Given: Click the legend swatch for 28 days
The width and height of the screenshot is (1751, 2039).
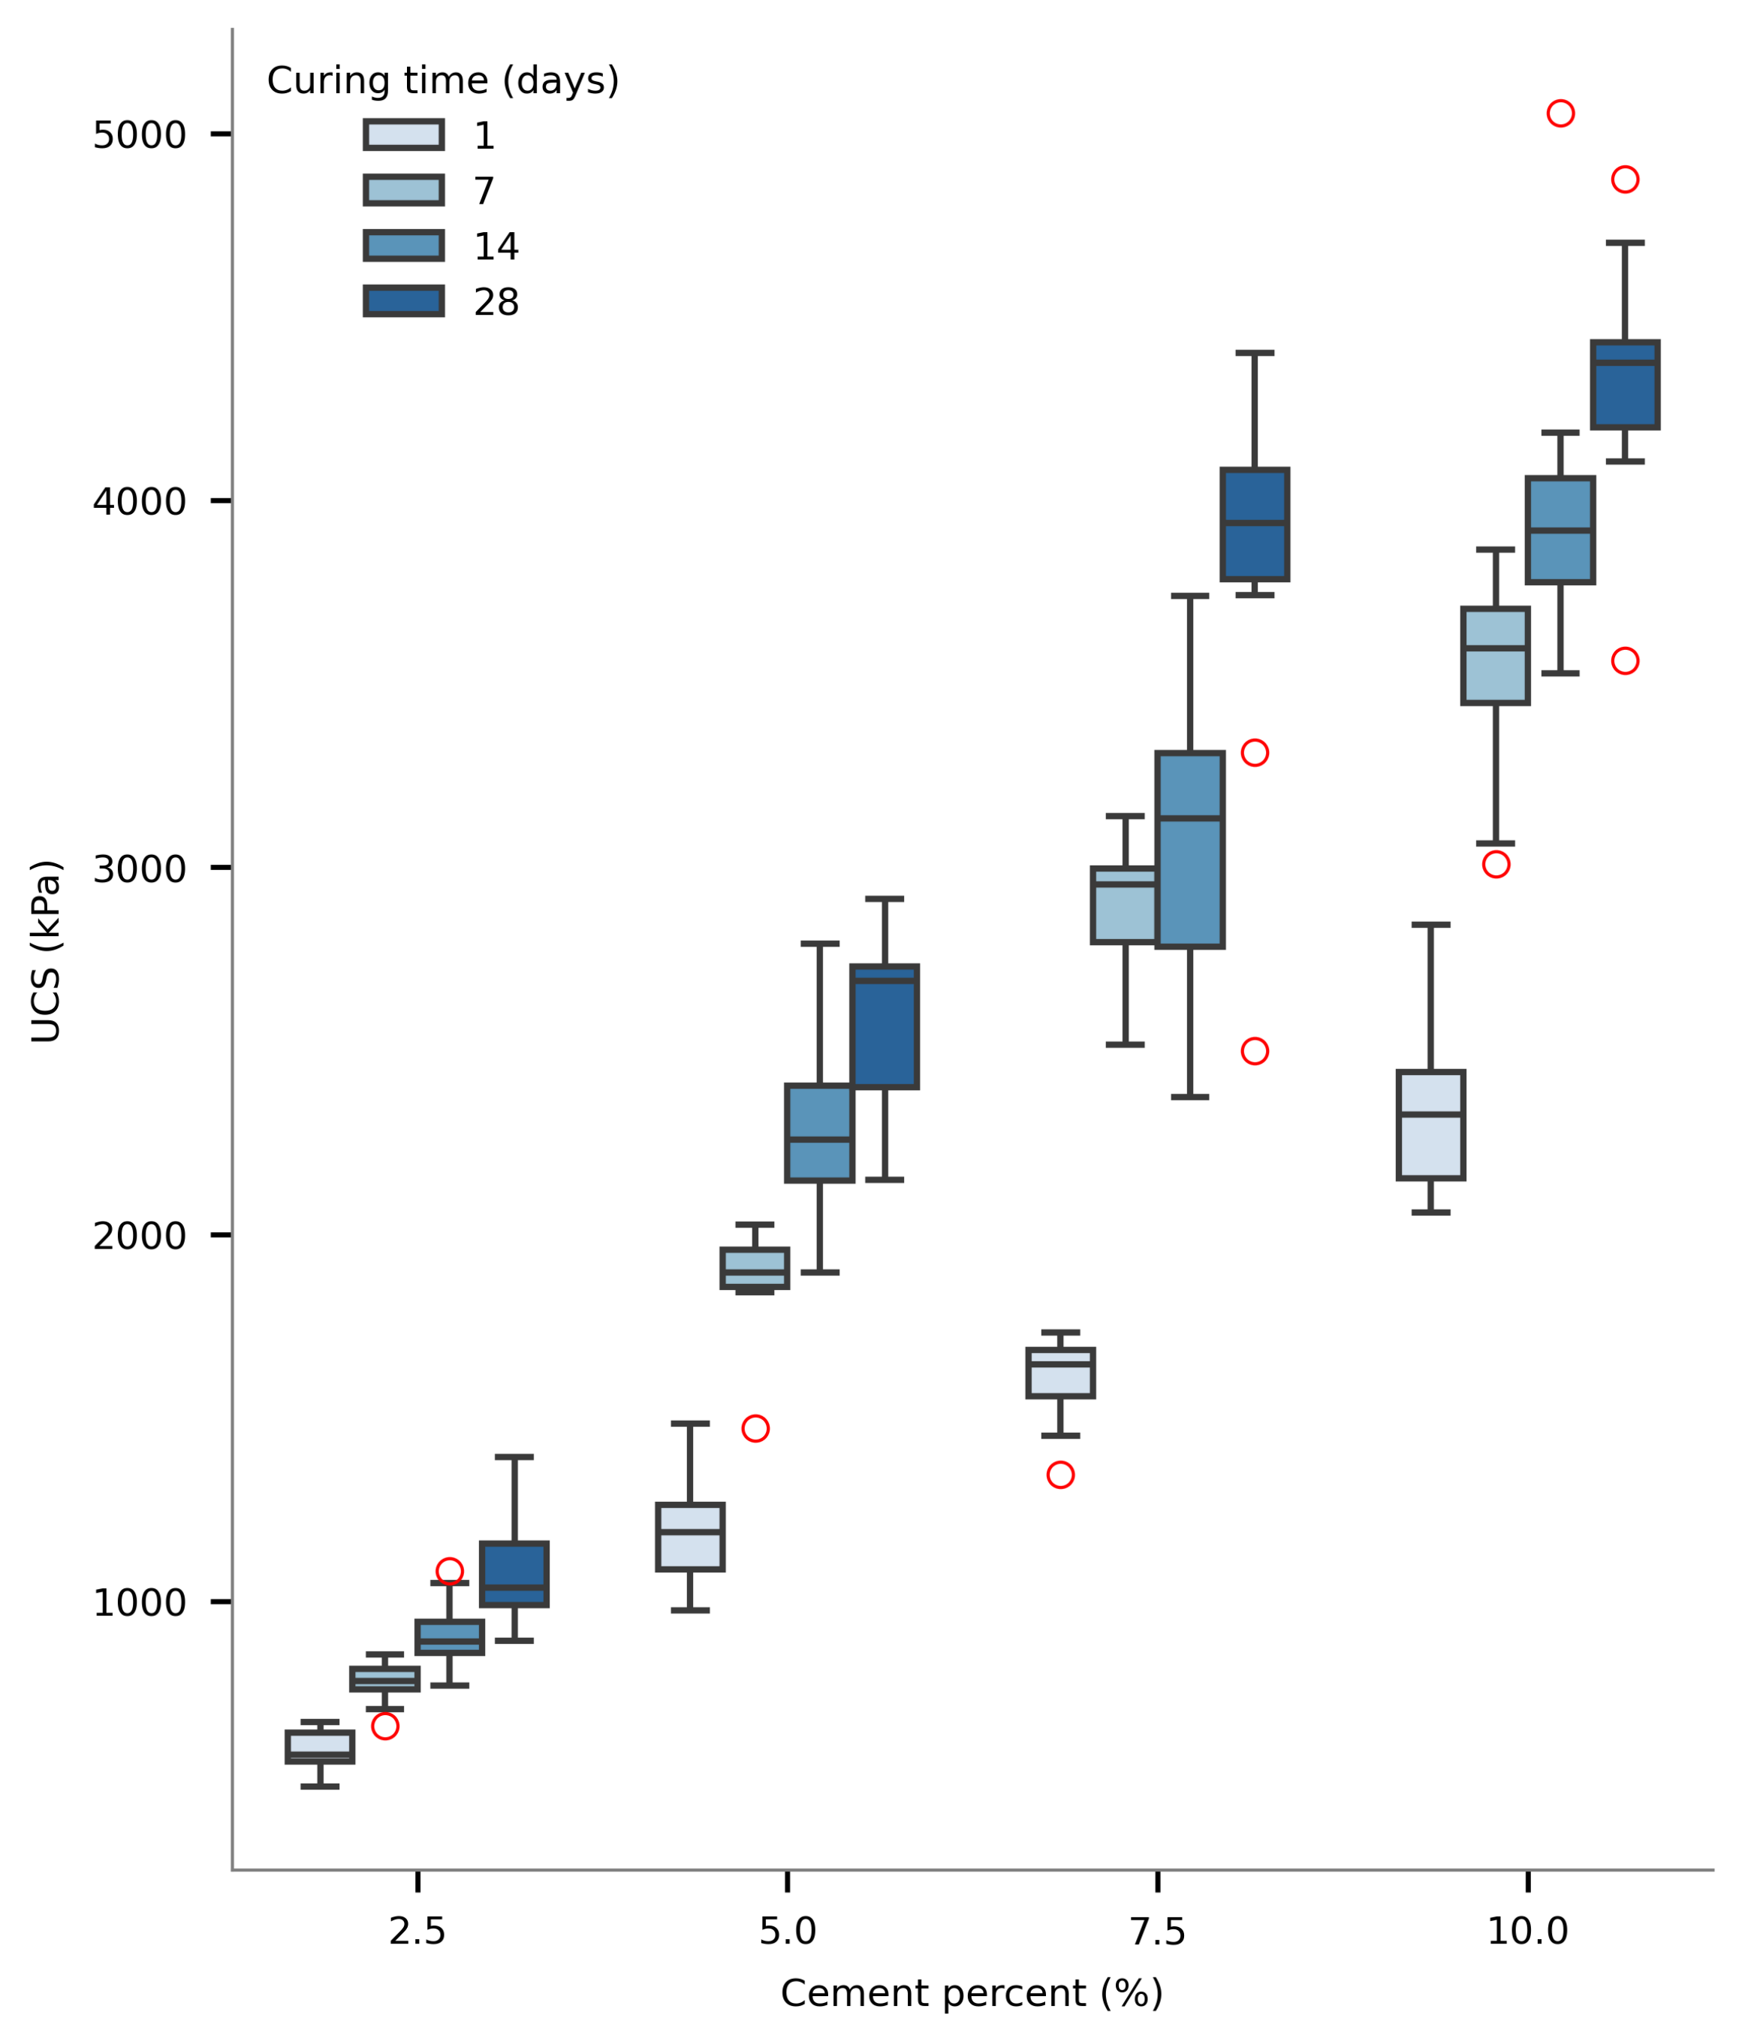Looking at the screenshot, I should [403, 301].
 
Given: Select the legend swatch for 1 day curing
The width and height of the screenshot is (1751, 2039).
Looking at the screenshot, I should [403, 134].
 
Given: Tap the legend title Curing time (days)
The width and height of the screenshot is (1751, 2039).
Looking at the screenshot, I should [443, 80].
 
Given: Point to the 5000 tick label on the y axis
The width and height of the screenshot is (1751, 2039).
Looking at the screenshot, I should [139, 134].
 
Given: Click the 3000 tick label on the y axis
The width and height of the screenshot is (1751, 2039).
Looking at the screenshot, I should [139, 870].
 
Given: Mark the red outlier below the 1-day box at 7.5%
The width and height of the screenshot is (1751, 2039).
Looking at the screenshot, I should [1060, 1475].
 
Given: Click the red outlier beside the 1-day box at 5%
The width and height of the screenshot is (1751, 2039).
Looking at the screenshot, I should [755, 1429].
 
